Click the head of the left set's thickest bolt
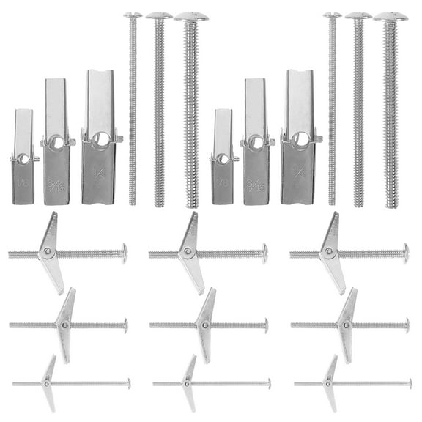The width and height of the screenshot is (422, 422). (191, 16)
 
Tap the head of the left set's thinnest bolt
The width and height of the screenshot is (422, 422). (132, 15)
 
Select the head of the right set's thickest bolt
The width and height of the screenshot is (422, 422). (390, 16)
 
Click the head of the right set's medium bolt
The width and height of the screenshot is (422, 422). (358, 15)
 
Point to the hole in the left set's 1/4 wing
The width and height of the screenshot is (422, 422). (99, 137)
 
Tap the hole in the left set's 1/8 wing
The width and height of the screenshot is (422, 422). (23, 158)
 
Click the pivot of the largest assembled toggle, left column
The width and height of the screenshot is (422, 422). (48, 253)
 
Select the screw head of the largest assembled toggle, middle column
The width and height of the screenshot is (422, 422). (264, 253)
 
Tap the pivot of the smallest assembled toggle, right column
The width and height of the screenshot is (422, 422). (329, 383)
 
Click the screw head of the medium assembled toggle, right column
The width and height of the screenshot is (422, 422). (407, 325)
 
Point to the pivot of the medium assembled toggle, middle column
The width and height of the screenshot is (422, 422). (205, 325)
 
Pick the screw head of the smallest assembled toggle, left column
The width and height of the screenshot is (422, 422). (129, 383)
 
